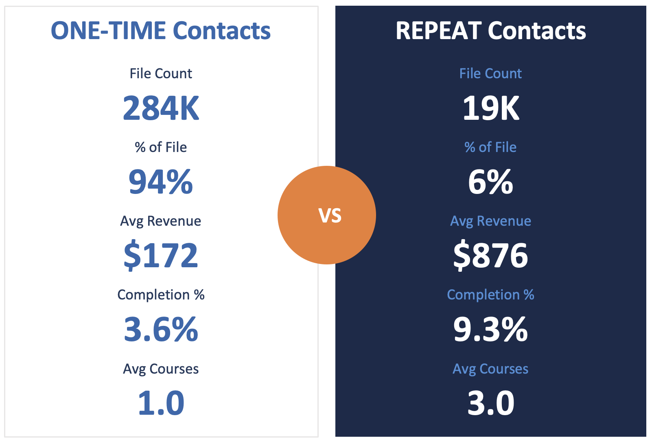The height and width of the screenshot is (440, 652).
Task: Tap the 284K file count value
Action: point(161,108)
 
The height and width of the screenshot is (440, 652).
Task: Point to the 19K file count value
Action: point(491,108)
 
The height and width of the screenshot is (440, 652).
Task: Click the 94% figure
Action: point(161,182)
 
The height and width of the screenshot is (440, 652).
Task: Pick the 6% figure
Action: point(491,182)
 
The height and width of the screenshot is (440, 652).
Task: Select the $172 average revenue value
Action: point(161,255)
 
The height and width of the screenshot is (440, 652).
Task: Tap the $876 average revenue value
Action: point(491,255)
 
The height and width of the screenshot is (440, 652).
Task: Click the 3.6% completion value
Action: point(161,329)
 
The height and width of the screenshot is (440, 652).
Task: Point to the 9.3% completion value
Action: point(491,329)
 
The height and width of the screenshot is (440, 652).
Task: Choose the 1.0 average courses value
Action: point(161,403)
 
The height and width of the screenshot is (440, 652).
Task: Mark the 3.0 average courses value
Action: point(491,403)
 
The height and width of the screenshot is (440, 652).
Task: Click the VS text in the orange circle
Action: point(330,216)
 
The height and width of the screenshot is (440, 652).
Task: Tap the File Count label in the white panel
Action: point(161,73)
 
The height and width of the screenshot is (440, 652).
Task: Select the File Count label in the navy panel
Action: point(490,73)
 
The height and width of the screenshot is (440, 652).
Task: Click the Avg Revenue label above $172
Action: point(161,221)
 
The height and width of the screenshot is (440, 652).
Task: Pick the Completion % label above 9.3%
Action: point(490,295)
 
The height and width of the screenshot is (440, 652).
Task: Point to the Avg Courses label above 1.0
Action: point(161,369)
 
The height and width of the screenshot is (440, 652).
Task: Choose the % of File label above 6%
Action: point(490,147)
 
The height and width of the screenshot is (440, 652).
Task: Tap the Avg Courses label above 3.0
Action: point(490,369)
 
